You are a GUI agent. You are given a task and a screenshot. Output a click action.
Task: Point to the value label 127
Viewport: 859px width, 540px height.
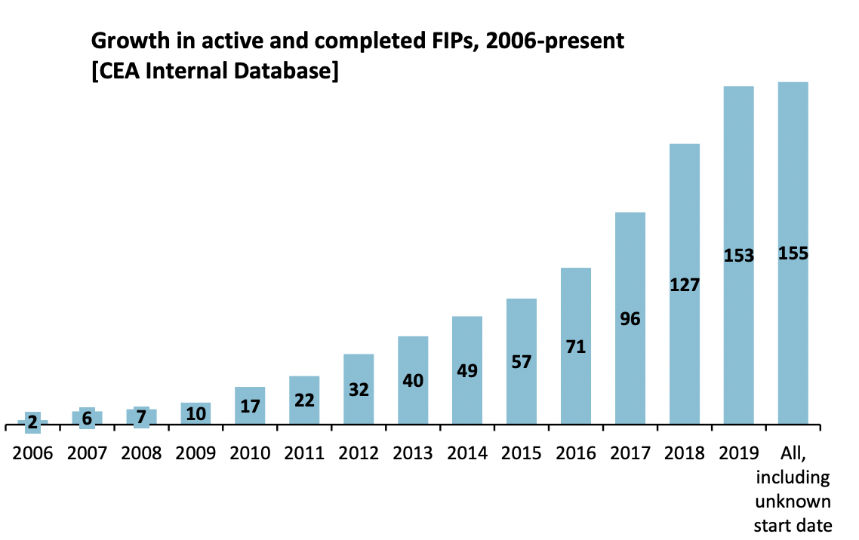685,286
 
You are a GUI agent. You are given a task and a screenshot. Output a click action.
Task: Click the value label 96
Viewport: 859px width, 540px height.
630,319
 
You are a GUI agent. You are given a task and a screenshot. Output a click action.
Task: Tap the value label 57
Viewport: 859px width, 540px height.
522,362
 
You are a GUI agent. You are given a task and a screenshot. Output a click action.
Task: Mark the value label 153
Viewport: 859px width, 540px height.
738,256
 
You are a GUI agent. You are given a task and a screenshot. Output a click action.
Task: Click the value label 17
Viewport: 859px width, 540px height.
250,407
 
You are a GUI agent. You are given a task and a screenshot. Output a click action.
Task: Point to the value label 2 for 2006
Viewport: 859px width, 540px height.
32,423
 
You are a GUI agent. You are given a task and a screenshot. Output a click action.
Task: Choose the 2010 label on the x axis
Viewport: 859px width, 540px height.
250,453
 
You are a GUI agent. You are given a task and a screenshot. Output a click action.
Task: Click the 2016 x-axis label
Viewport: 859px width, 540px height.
576,453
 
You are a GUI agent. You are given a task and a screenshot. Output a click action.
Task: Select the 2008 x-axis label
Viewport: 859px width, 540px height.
141,453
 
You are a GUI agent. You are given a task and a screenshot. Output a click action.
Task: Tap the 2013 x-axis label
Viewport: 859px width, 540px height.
413,453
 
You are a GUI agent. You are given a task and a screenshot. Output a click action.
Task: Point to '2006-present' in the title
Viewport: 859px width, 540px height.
556,41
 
